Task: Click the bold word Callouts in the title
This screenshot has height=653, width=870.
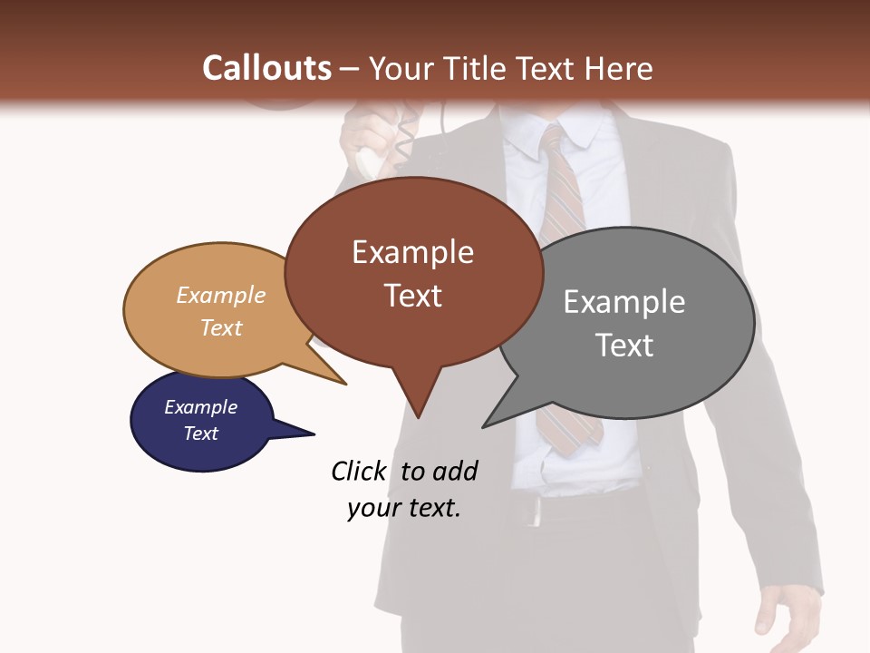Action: click(x=266, y=68)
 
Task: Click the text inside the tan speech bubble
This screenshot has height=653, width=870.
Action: click(x=221, y=311)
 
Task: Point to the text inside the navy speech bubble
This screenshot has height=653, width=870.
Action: click(x=200, y=420)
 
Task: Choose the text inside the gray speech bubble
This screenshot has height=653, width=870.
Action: click(x=624, y=323)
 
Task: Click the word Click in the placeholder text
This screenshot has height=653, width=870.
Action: click(x=360, y=471)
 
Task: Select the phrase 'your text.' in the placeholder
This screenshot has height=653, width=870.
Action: click(x=404, y=508)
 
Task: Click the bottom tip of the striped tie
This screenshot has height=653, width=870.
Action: click(x=566, y=450)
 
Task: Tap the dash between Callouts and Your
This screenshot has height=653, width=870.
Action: click(x=350, y=69)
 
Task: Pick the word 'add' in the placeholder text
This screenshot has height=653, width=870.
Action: click(x=454, y=471)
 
